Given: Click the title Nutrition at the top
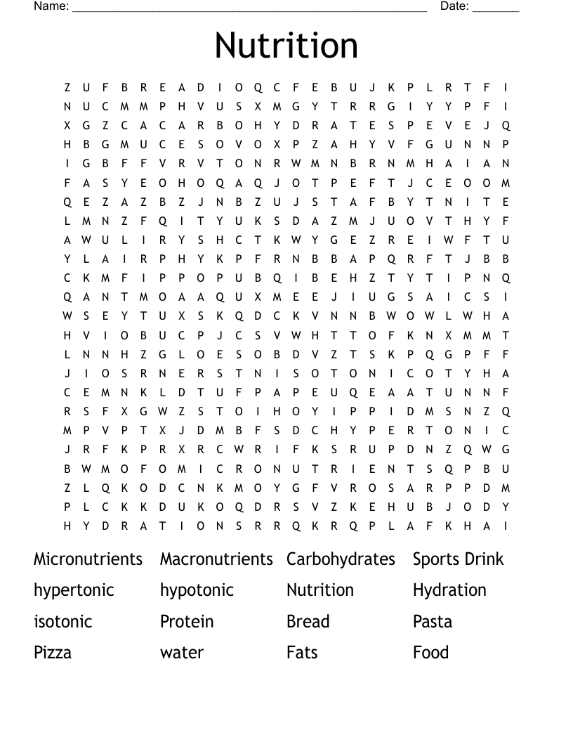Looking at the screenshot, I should click(286, 45).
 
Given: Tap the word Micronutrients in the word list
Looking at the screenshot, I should click(88, 559).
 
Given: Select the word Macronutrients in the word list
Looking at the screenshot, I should click(216, 559).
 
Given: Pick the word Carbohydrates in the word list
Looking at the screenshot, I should click(341, 559).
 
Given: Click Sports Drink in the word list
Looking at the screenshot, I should click(458, 559).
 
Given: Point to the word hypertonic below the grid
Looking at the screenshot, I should click(74, 590).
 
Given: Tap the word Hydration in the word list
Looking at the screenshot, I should click(449, 590).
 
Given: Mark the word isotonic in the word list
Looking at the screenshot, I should click(62, 622).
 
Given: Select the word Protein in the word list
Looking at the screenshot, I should click(187, 622).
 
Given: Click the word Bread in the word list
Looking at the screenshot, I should click(308, 622).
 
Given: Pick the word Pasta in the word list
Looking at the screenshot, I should click(433, 622).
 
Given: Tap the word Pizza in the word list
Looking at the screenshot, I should click(53, 653).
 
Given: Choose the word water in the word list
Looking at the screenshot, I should click(182, 653).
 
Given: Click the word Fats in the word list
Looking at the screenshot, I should click(302, 653).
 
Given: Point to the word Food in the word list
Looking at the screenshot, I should click(430, 653).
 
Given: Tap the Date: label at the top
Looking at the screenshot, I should click(454, 6).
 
